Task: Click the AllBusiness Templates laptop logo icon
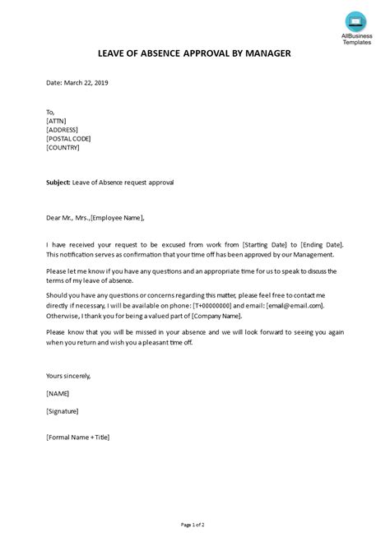[354, 21]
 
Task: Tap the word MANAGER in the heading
[266, 54]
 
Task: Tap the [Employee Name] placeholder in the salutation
[118, 218]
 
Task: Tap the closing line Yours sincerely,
[69, 375]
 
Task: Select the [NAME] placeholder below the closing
[58, 395]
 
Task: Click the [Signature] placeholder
[65, 414]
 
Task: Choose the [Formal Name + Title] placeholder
[78, 437]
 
